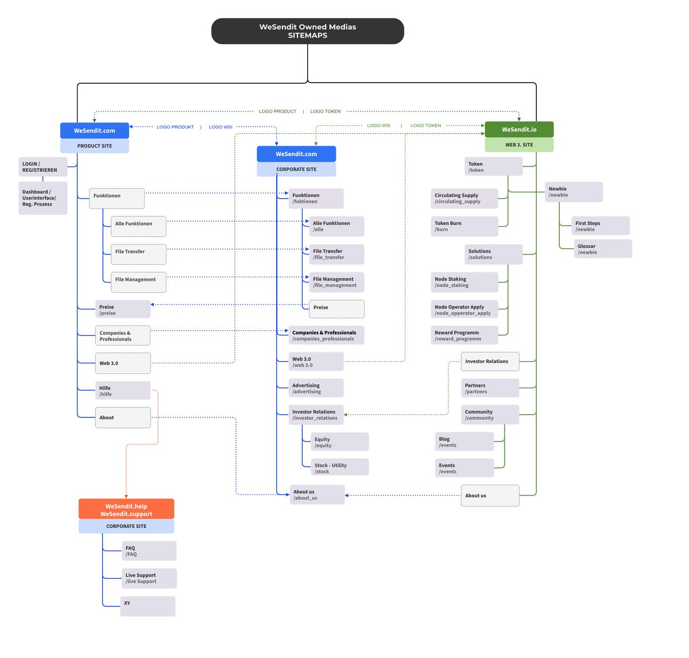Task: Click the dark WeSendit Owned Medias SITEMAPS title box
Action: point(307,31)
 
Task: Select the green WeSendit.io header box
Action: point(519,129)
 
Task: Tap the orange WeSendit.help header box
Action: point(126,509)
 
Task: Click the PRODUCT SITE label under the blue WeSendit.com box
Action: point(95,146)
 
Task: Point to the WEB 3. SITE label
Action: point(519,145)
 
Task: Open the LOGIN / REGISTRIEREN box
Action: point(42,167)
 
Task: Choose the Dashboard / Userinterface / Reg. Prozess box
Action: point(42,198)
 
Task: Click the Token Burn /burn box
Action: point(464,226)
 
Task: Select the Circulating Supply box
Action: point(464,198)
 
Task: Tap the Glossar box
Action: point(602,249)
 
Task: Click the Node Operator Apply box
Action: point(464,309)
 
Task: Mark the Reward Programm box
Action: point(464,335)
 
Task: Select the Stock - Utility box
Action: point(339,468)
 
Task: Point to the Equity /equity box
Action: point(339,442)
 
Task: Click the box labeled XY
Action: point(148,606)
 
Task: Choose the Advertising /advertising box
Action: point(316,388)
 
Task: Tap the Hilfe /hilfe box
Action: point(123,390)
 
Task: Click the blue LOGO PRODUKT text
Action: point(175,127)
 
